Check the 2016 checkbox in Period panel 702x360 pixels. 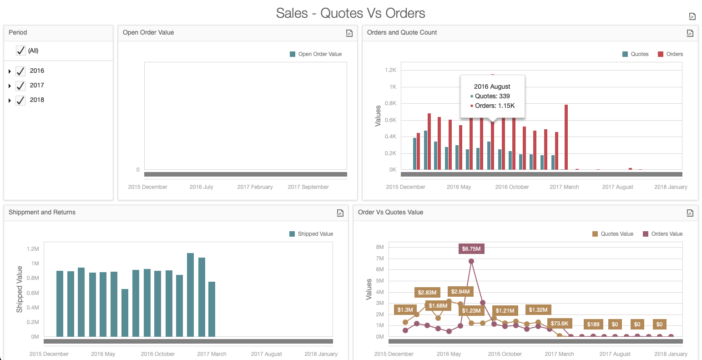(20, 71)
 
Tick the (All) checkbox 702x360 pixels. (20, 51)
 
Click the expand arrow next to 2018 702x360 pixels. (10, 101)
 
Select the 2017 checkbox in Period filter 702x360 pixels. (20, 86)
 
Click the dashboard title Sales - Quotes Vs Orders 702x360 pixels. (350, 13)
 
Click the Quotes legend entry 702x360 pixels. (635, 54)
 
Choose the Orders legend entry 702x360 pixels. (670, 54)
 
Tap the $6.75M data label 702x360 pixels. (471, 249)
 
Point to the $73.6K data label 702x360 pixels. (559, 324)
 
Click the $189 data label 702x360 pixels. (593, 325)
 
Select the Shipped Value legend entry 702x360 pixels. (311, 234)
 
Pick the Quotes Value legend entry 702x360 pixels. (612, 234)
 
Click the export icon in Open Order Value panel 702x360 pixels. (349, 33)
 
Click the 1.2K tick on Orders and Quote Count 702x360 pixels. (390, 70)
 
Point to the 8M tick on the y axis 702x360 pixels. (380, 247)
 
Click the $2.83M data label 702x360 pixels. (427, 292)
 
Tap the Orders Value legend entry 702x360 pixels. (662, 234)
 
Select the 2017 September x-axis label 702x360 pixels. (308, 187)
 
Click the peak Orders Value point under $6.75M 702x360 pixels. (471, 261)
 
